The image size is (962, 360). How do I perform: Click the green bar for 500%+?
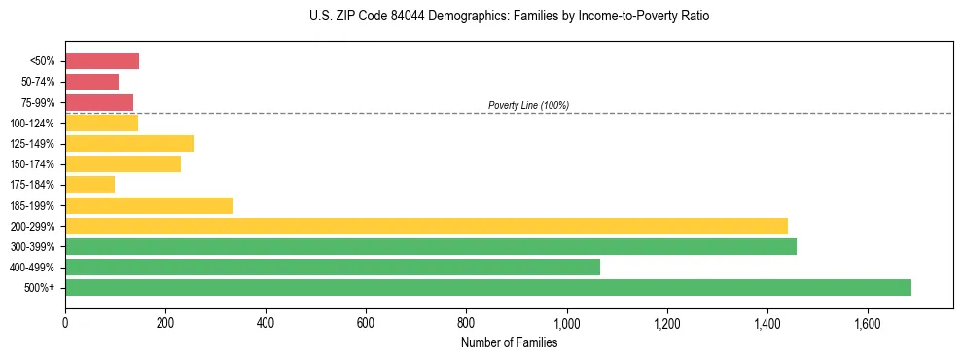pyautogui.click(x=487, y=287)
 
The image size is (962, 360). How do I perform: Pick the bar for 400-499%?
pyautogui.click(x=332, y=267)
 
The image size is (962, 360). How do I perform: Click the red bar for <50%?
pyautogui.click(x=102, y=61)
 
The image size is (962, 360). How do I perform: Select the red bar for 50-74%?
pyautogui.click(x=91, y=82)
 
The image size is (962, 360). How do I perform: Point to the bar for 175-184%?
pyautogui.click(x=89, y=184)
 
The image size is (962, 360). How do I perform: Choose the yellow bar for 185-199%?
pyautogui.click(x=149, y=205)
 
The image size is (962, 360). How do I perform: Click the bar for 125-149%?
pyautogui.click(x=129, y=143)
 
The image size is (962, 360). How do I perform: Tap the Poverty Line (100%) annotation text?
pyautogui.click(x=528, y=105)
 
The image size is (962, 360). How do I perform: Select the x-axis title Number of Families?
pyautogui.click(x=509, y=342)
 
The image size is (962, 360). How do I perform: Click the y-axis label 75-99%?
pyautogui.click(x=38, y=103)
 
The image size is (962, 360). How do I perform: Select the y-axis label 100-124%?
pyautogui.click(x=34, y=124)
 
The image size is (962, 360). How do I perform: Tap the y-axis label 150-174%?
pyautogui.click(x=34, y=164)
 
